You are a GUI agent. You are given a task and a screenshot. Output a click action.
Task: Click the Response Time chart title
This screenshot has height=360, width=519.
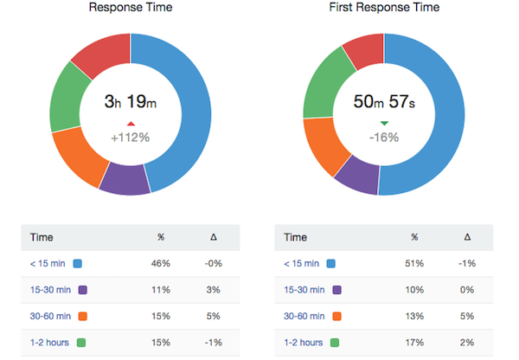coord(130,8)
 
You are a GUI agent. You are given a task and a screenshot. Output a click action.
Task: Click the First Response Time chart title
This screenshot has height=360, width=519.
coord(384,8)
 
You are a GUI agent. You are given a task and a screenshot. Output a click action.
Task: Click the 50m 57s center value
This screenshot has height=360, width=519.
coord(384,101)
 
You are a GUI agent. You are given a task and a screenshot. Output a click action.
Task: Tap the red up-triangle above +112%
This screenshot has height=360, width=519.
coord(130,122)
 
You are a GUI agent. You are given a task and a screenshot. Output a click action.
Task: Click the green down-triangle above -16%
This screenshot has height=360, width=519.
coord(384,123)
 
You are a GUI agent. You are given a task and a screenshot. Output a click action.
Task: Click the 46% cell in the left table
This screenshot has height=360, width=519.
coord(160,264)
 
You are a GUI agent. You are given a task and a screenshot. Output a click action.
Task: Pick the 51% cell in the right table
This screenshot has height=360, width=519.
coord(414,264)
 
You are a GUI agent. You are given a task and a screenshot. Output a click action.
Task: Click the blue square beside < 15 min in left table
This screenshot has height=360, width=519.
coord(78,264)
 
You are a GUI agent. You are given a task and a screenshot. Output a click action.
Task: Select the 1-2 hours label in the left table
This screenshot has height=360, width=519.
coord(48,343)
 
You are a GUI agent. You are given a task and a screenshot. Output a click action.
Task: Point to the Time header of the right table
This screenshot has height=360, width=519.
coord(296,237)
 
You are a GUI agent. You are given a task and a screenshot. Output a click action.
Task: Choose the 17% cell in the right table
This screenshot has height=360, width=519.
coord(414,343)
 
